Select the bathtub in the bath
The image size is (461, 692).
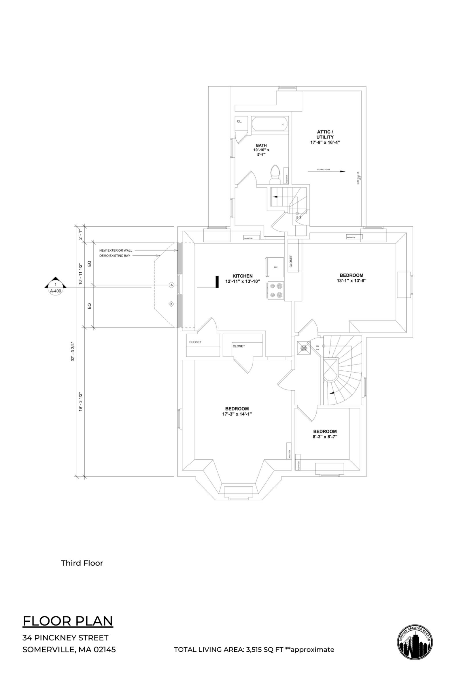click(269, 125)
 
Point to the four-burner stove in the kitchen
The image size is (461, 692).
click(275, 290)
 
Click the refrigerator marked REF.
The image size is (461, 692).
click(275, 267)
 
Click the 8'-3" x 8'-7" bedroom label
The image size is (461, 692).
click(325, 434)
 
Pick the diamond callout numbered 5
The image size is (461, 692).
click(171, 304)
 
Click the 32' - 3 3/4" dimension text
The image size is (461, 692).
click(73, 351)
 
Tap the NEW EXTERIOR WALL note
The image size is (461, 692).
click(116, 250)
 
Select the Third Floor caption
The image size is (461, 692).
click(82, 563)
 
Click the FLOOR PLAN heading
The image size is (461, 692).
click(68, 621)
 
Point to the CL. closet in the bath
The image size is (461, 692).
click(239, 121)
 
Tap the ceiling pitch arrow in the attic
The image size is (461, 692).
click(327, 171)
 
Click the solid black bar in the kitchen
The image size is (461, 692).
click(217, 282)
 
